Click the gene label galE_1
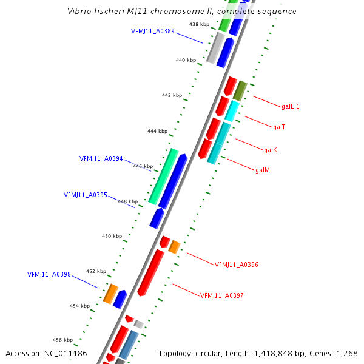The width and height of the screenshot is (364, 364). click(291, 106)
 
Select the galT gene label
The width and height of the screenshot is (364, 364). click(279, 127)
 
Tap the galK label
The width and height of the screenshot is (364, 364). click(271, 150)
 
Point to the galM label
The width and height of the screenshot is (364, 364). click(263, 170)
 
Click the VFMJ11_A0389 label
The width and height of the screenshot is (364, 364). click(153, 30)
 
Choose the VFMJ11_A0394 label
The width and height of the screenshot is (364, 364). click(101, 159)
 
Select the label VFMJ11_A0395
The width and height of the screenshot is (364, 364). click(86, 195)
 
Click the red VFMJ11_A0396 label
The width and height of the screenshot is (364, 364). click(237, 265)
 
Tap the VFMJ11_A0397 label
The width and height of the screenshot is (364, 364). click(222, 295)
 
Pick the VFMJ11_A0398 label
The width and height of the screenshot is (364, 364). click(49, 274)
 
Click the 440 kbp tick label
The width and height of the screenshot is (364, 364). click(186, 60)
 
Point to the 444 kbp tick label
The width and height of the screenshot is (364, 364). click(158, 131)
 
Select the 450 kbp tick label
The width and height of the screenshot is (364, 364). click(112, 236)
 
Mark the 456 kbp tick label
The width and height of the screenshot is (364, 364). click(62, 340)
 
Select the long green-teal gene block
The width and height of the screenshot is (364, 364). click(163, 176)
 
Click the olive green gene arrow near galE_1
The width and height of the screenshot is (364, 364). click(240, 90)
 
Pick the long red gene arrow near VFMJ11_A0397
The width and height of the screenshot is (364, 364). click(151, 272)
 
